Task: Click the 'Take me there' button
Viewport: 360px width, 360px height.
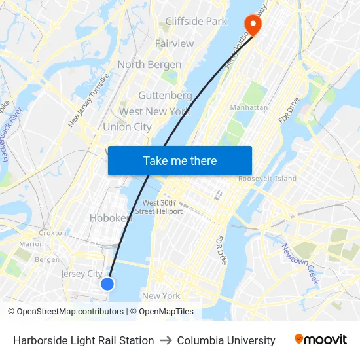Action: click(x=180, y=160)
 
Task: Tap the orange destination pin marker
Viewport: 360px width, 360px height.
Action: click(x=251, y=25)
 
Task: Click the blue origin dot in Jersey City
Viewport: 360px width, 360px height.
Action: click(x=108, y=283)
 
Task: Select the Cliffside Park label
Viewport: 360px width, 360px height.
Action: click(x=196, y=22)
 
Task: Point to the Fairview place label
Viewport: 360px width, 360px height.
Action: click(x=174, y=44)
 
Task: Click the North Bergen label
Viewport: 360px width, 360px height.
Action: click(x=149, y=65)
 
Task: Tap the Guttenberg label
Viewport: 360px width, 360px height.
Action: click(x=165, y=96)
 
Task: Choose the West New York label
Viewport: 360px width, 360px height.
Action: click(x=154, y=112)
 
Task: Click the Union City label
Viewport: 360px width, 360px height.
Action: click(x=127, y=127)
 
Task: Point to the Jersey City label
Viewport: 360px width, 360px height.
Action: click(x=82, y=274)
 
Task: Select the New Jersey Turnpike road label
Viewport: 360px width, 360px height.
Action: click(x=88, y=99)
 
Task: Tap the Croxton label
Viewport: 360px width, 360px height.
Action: click(x=52, y=232)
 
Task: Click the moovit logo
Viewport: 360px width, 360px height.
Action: click(x=321, y=340)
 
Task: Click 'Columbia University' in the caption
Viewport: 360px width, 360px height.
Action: click(x=226, y=340)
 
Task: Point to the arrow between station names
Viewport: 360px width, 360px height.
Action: click(x=166, y=340)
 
